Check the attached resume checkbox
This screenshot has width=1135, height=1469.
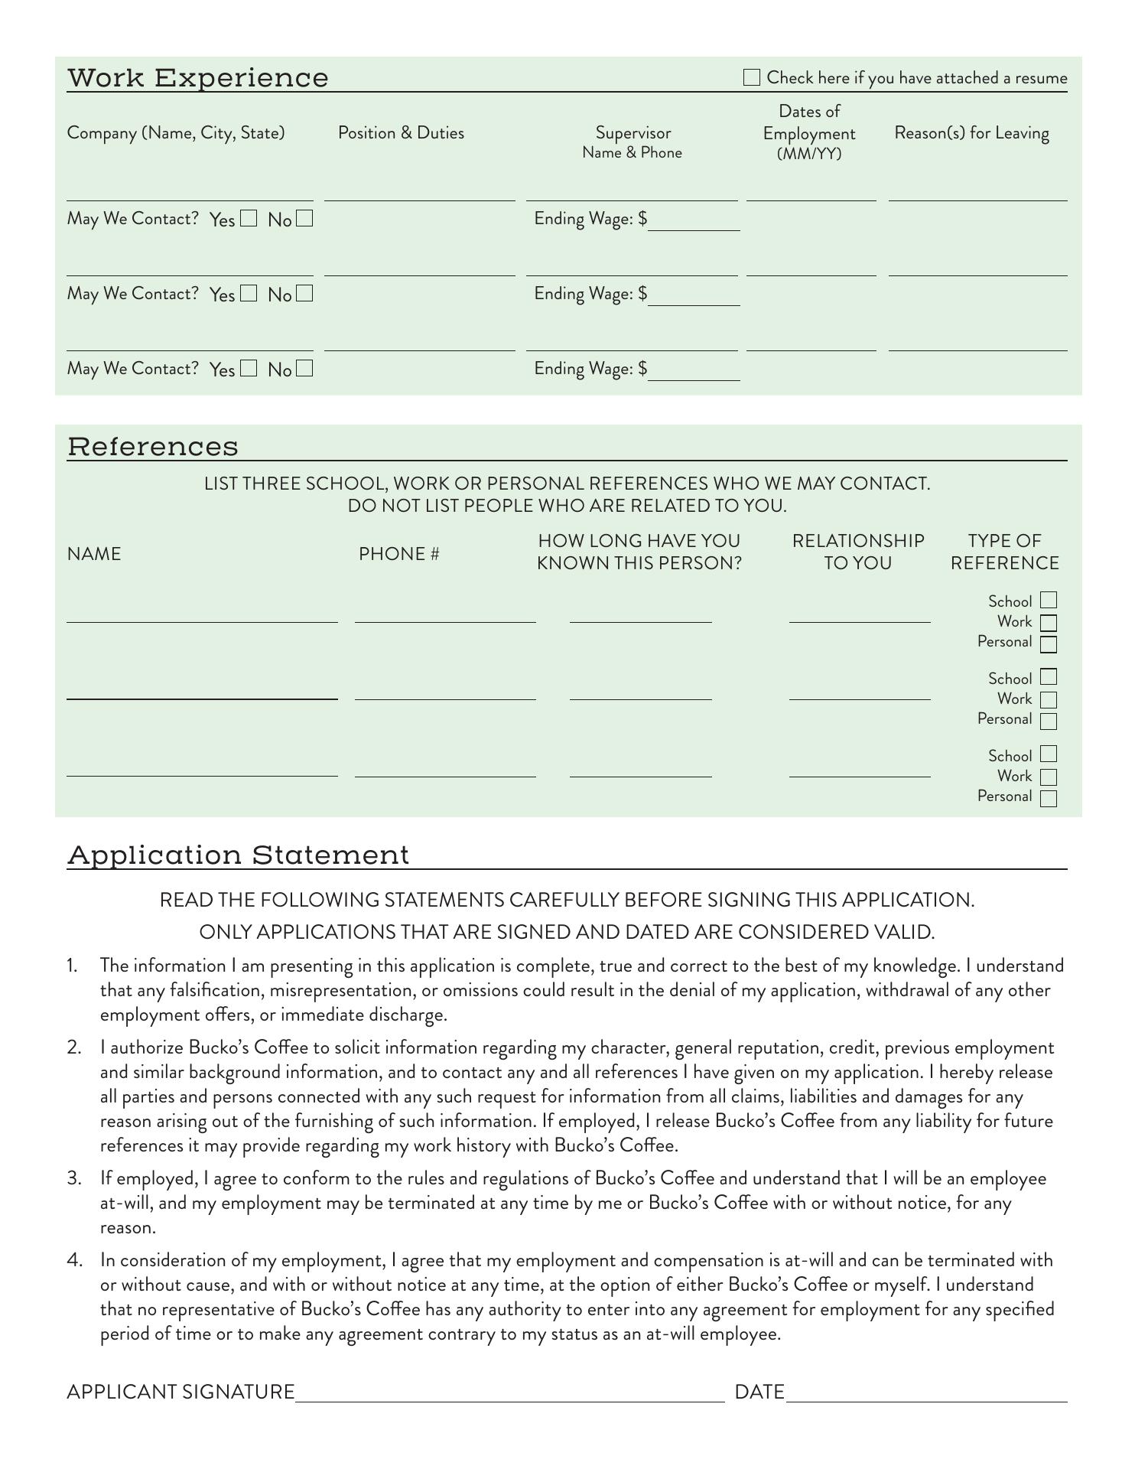click(752, 77)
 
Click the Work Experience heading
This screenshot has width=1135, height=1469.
click(198, 78)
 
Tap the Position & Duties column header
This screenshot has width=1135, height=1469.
click(401, 133)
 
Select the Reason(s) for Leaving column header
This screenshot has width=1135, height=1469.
click(971, 133)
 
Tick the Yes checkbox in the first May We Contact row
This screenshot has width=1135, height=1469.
click(248, 219)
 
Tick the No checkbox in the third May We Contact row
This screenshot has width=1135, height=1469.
click(304, 369)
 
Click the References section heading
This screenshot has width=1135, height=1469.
click(153, 447)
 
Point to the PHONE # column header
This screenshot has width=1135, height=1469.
click(398, 554)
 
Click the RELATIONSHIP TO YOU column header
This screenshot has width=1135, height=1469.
click(858, 552)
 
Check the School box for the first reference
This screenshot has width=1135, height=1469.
click(1049, 601)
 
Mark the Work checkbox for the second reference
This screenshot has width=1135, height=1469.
click(1049, 699)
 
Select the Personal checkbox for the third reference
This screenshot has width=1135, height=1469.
click(1049, 798)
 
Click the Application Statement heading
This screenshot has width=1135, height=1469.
click(239, 855)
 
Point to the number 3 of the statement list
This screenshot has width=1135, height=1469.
click(73, 1179)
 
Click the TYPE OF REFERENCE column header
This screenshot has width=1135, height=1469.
click(1004, 552)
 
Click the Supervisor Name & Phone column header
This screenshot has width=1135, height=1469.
click(633, 142)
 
